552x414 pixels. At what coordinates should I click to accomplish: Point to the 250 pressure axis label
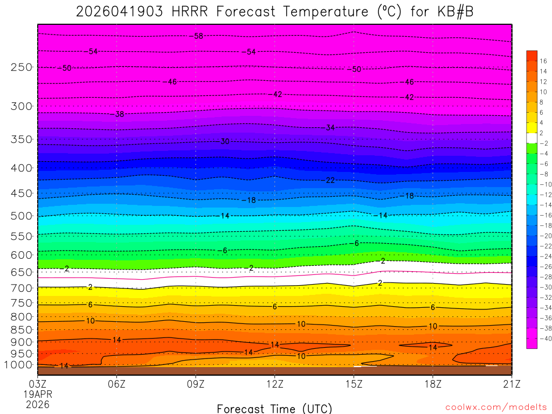[21, 67]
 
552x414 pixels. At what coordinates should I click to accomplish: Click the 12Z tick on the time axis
[275, 383]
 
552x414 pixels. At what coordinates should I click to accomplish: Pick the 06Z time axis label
[117, 383]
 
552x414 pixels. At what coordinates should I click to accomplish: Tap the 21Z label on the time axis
[511, 383]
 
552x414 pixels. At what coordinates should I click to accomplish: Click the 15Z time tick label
[354, 383]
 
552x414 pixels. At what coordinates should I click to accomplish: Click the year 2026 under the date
[38, 404]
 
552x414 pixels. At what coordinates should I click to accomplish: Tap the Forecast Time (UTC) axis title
[274, 408]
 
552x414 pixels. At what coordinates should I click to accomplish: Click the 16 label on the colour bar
[543, 61]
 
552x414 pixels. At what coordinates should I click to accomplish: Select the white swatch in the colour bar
[532, 138]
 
